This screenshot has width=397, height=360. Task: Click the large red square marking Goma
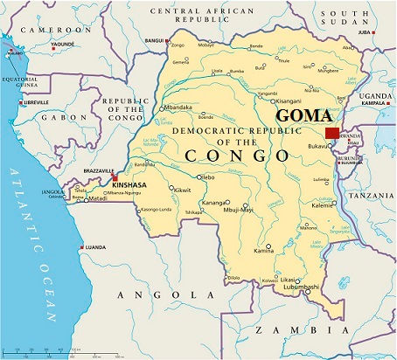point(332,133)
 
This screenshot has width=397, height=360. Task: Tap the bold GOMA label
point(305,116)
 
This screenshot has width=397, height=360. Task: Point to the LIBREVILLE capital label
point(34,102)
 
